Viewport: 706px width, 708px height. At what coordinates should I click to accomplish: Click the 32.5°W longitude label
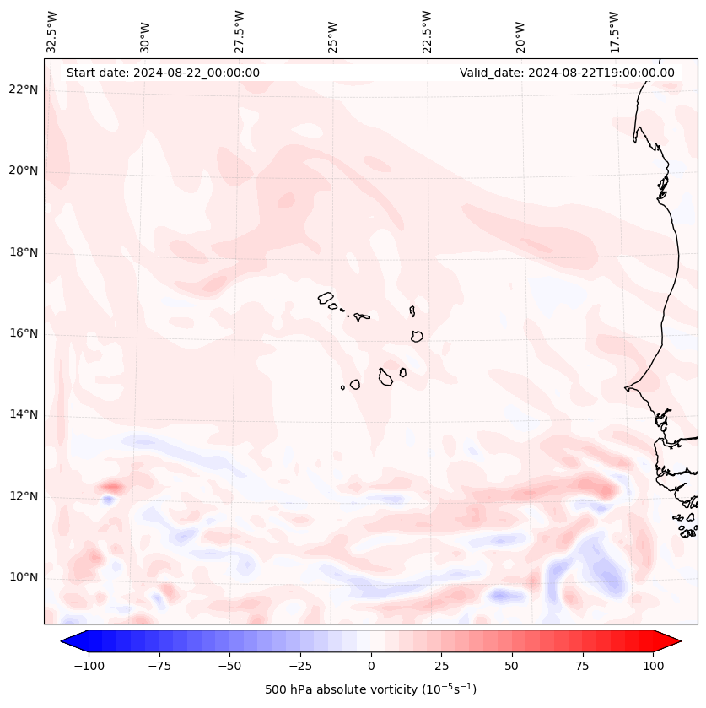[x=52, y=32]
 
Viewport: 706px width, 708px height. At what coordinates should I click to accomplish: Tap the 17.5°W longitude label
[x=614, y=32]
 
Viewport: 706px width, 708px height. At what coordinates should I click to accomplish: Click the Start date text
[x=163, y=73]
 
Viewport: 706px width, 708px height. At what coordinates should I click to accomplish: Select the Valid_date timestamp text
[x=567, y=73]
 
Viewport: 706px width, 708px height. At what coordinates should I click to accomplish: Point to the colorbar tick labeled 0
[x=371, y=666]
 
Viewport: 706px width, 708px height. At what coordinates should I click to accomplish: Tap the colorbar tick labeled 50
[x=512, y=666]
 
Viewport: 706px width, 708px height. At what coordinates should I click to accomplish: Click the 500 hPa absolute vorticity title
[x=370, y=690]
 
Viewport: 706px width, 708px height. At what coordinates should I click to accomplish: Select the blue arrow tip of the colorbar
[x=68, y=642]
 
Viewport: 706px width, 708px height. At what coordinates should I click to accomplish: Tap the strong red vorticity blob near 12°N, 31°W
[x=110, y=487]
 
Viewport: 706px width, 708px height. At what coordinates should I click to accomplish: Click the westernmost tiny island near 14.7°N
[x=342, y=387]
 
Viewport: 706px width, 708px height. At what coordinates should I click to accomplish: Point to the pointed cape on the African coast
[x=626, y=388]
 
